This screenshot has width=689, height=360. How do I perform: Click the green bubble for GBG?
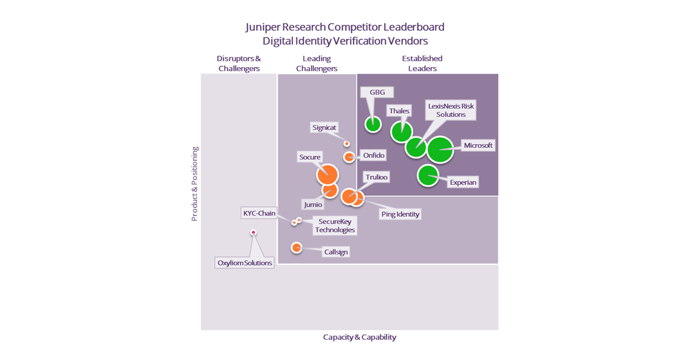coord(373,123)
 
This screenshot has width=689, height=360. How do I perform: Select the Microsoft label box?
coord(478,145)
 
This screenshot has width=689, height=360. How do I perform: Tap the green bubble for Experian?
coord(428,176)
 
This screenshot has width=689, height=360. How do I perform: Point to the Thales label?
coord(399,111)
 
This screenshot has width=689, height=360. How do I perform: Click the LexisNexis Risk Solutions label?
coord(451,110)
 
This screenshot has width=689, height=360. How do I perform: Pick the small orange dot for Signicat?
coord(347,144)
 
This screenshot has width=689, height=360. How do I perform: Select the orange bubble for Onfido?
coord(349,157)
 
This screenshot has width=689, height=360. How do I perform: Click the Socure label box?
coord(310,156)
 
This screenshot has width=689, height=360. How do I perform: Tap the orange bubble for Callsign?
coord(296,247)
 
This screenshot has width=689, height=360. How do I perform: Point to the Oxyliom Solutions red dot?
coord(253,233)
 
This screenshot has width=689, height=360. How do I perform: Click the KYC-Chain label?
coord(259,213)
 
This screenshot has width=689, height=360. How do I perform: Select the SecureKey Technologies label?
coord(335,226)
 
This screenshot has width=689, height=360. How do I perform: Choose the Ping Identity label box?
coord(400,214)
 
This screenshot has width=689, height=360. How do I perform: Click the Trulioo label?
coord(377,177)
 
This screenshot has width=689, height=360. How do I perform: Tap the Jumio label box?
coord(313,204)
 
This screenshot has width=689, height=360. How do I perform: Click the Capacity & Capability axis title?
coord(359,337)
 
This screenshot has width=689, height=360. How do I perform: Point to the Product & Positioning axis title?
coord(195,184)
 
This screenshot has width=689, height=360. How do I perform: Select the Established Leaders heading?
coord(422,63)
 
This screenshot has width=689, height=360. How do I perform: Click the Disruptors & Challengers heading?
coord(239,63)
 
